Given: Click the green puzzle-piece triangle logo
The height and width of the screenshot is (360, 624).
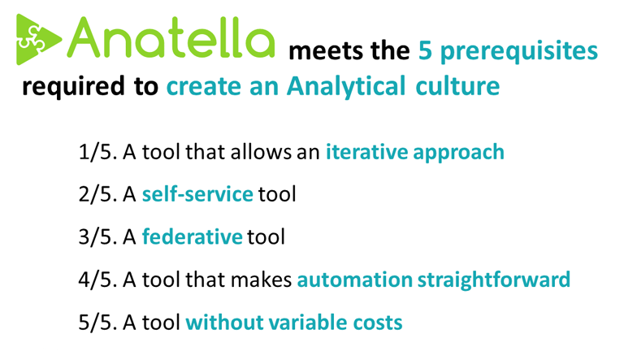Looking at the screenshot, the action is click(x=39, y=40).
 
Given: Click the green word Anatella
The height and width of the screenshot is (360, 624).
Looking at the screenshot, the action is click(x=171, y=38).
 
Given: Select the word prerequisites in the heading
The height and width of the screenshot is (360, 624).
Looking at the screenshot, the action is click(x=519, y=52).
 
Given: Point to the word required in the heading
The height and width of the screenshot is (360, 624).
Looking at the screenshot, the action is click(x=73, y=86).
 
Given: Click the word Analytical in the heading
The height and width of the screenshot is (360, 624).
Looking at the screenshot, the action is click(x=346, y=86).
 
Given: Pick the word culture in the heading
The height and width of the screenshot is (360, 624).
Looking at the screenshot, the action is click(x=457, y=86).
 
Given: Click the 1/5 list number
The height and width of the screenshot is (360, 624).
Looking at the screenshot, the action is click(x=97, y=153).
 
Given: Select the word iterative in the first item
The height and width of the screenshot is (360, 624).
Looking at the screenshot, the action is click(x=367, y=152).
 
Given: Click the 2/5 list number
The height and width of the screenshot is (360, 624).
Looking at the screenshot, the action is click(x=97, y=195).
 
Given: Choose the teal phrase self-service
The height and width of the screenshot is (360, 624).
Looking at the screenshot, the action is click(x=197, y=194).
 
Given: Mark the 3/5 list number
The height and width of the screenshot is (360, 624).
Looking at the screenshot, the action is click(x=97, y=237).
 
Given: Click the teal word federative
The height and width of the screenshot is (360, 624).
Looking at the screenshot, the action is click(x=193, y=236).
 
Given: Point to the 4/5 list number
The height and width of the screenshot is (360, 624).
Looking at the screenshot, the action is click(x=97, y=280).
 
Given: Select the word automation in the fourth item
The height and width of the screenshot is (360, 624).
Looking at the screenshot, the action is click(x=355, y=280).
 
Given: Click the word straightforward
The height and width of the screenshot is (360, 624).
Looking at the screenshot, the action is click(x=494, y=280).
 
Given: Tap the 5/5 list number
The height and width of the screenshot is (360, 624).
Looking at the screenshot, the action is click(x=97, y=323).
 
